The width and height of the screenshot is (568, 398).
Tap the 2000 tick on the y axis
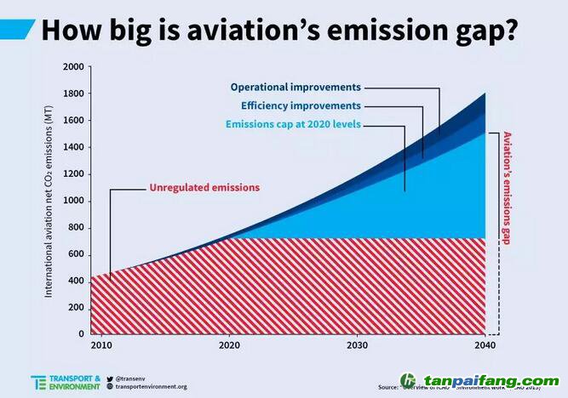pyautogui.click(x=73, y=67)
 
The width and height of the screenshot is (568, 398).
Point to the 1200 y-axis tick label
pyautogui.click(x=73, y=174)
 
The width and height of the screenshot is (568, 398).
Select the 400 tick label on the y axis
pyautogui.click(x=76, y=281)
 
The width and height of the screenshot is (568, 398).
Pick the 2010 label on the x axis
pyautogui.click(x=100, y=347)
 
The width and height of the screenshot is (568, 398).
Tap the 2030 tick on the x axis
pyautogui.click(x=357, y=347)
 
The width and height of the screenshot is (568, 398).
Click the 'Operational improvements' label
pyautogui.click(x=295, y=87)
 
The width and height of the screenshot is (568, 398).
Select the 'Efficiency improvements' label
pyautogui.click(x=301, y=105)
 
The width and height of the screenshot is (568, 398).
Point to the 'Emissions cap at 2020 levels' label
pyautogui.click(x=293, y=124)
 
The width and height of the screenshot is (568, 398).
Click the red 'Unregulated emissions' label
pyautogui.click(x=204, y=187)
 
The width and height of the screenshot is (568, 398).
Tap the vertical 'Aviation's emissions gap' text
pyautogui.click(x=507, y=188)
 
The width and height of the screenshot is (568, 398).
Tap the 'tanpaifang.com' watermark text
pyautogui.click(x=491, y=381)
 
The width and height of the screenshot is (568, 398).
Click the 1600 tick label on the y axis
pyautogui.click(x=73, y=121)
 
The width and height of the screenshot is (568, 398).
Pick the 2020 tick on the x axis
pyautogui.click(x=229, y=347)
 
